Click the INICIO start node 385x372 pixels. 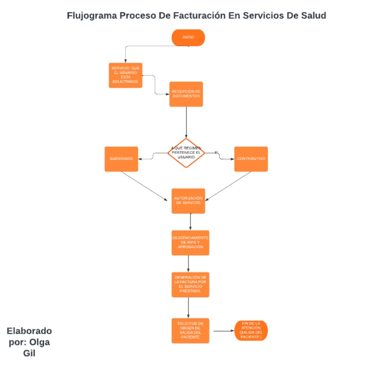click(188, 38)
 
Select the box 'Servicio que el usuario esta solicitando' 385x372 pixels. click(125, 75)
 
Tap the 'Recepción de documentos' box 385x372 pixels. click(186, 94)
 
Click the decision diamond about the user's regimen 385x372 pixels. click(186, 153)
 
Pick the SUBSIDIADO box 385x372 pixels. click(121, 159)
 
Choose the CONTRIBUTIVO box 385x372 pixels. click(251, 159)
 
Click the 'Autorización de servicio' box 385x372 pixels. click(188, 201)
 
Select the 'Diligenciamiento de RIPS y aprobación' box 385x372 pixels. click(190, 243)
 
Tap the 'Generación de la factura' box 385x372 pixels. click(190, 284)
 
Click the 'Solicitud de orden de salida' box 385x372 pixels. click(190, 330)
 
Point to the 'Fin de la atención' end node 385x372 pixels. click(251, 331)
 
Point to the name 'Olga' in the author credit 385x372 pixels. click(40, 342)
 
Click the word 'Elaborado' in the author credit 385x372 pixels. click(29, 331)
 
